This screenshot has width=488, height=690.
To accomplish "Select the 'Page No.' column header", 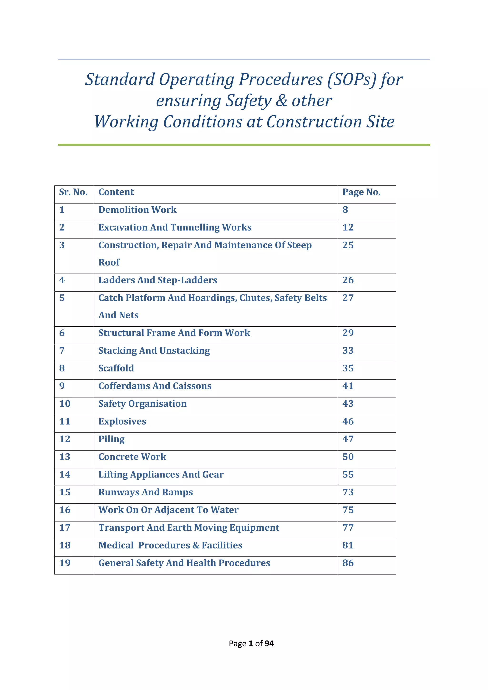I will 361,192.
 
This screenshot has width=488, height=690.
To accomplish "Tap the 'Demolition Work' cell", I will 137,210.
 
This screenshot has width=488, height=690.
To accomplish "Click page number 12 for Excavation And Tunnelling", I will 348,228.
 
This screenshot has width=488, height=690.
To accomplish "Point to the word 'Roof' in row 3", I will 109,262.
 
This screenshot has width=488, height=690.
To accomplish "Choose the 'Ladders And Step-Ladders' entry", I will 158,280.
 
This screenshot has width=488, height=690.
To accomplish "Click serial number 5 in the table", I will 62,298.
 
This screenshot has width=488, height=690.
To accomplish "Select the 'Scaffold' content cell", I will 116,368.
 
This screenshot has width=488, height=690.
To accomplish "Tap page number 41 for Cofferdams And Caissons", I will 348,386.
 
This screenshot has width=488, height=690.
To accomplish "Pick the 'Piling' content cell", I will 111,439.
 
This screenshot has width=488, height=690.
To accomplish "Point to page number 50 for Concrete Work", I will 348,457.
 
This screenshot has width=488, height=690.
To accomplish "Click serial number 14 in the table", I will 65,475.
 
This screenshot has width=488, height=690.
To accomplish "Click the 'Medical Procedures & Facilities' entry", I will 170,545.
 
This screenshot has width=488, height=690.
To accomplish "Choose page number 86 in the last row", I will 348,563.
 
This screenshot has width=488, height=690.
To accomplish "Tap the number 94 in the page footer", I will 269,643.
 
